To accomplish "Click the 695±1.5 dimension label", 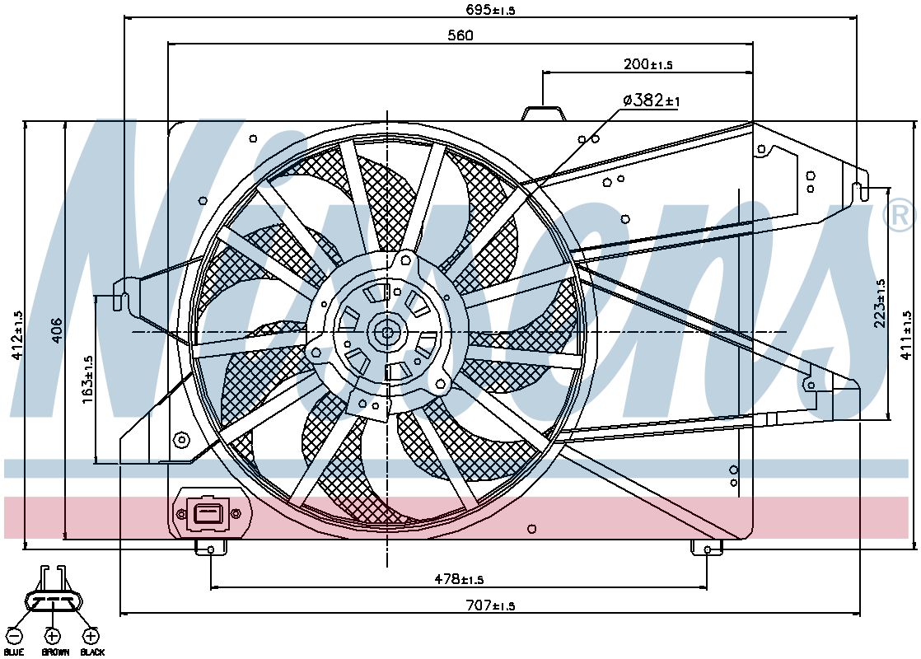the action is click(490, 9).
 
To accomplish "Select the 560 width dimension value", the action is click(460, 35).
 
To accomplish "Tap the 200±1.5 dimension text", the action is click(648, 63).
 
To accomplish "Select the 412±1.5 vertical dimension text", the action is click(16, 335).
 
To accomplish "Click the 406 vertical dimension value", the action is click(56, 330).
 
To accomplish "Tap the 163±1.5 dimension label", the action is click(87, 379).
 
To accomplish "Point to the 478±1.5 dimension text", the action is click(459, 579).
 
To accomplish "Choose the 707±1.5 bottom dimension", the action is click(490, 605).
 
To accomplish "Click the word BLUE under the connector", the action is click(13, 652).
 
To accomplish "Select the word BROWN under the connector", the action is click(55, 652).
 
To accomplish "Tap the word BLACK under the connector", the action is click(92, 652).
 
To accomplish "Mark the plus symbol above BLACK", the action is click(91, 636).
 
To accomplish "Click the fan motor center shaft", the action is click(387, 333).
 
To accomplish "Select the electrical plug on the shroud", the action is click(208, 513).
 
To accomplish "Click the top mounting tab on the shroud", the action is click(544, 113).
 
